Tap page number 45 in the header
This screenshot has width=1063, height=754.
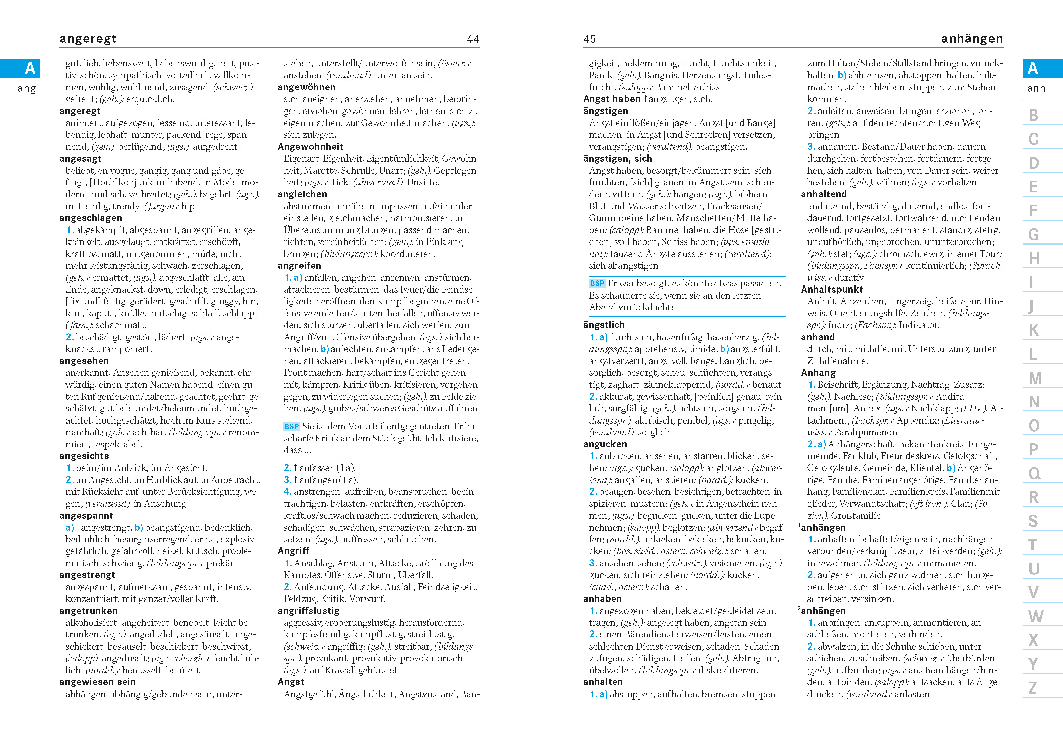[x=589, y=39]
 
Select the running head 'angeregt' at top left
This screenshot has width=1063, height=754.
[x=88, y=39]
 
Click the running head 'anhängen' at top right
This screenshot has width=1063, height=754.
[x=972, y=39]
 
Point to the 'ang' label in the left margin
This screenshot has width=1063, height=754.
[x=27, y=89]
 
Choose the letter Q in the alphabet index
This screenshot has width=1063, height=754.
[x=1034, y=473]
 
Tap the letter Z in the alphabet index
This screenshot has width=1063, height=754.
[x=1032, y=688]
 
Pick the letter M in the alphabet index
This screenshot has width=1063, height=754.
[x=1035, y=378]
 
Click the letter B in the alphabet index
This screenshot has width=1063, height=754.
[x=1033, y=115]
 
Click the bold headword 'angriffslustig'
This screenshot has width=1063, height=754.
[x=308, y=611]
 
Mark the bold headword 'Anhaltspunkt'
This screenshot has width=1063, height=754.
[x=831, y=289]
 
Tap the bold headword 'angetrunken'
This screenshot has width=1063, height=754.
[x=88, y=611]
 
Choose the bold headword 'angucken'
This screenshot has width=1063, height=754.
[x=604, y=444]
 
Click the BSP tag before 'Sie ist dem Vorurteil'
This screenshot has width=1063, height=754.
[x=291, y=426]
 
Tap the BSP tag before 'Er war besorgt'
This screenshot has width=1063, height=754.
[x=597, y=283]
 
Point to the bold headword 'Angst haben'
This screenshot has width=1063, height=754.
[x=611, y=99]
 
